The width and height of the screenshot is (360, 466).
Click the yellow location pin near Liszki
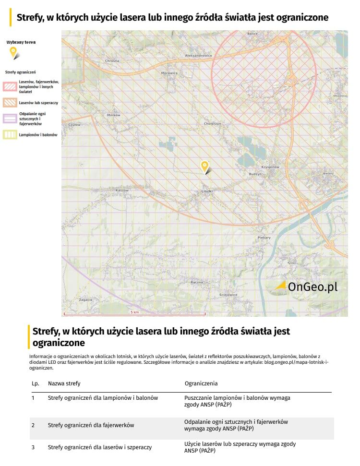click(x=205, y=167)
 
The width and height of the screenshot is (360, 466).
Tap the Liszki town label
click(x=207, y=191)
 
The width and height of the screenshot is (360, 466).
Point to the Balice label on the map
click(x=252, y=34)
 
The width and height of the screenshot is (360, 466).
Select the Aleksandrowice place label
click(x=198, y=56)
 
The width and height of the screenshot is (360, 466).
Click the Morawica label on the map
click(x=169, y=73)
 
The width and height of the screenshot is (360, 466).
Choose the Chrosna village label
click(x=112, y=61)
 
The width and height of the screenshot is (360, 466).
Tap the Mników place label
click(x=114, y=115)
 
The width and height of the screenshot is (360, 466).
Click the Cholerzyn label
click(x=212, y=123)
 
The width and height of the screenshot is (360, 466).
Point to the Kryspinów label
click(x=270, y=167)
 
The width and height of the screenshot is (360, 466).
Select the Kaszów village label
click(x=122, y=190)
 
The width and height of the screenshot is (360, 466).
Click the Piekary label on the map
click(x=264, y=238)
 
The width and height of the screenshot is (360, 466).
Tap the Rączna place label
click(x=197, y=282)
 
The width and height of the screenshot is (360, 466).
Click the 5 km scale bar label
click(x=134, y=312)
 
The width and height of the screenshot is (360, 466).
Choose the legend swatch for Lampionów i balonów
click(x=10, y=135)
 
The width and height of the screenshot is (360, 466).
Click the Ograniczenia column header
click(x=201, y=383)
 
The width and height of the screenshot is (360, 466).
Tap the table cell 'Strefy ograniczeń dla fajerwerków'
click(x=91, y=425)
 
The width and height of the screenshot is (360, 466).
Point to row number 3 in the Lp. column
click(x=33, y=447)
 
